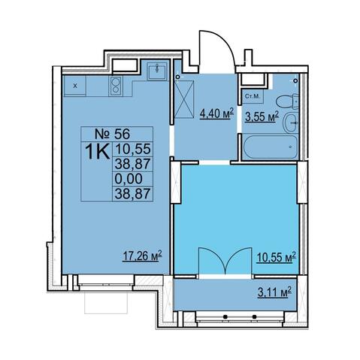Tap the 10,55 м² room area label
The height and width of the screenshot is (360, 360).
click(276, 257)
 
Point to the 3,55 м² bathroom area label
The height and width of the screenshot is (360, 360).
click(262, 116)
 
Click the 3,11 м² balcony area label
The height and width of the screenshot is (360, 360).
click(274, 292)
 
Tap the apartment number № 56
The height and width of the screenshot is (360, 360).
click(113, 134)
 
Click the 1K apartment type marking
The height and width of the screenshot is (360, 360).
click(98, 152)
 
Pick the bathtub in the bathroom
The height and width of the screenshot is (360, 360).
click(271, 147)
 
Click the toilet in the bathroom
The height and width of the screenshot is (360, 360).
click(287, 101)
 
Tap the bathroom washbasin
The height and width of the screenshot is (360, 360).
click(291, 123)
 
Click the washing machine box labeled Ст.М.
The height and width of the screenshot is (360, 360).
click(253, 96)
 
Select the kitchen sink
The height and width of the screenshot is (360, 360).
click(157, 71)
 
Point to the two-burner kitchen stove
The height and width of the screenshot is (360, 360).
click(116, 86)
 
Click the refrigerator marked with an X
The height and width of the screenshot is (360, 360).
click(75, 86)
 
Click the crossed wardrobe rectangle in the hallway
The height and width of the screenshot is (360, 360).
click(184, 99)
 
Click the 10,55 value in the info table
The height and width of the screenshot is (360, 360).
click(133, 149)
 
